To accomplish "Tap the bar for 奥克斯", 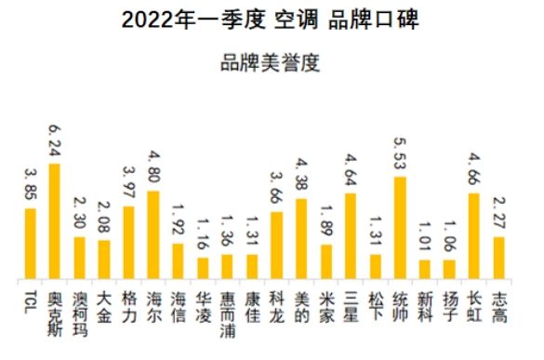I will pos(55,221).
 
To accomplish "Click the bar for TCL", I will pos(31,244).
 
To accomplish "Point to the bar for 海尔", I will pos(153,234).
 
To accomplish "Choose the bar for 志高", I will pos(498,258).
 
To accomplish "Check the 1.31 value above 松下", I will pos(375,233).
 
